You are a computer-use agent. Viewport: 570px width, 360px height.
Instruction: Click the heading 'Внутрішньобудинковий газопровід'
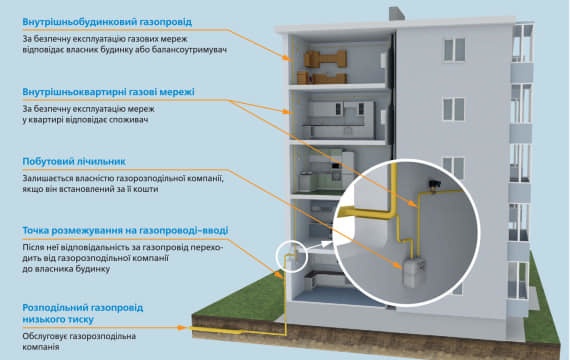pos(107,22)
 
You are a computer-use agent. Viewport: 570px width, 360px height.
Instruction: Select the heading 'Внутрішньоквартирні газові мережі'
pos(108,92)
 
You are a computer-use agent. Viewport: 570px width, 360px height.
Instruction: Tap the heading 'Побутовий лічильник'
pos(74,161)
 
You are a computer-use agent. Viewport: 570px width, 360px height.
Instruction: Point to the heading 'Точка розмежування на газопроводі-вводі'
pos(125,231)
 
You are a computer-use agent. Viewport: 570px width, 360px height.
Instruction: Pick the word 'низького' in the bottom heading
pos(40,320)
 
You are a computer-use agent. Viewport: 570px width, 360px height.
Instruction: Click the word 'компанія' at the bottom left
pos(41,347)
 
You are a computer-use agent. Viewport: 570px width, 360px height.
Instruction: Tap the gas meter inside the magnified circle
pos(412,271)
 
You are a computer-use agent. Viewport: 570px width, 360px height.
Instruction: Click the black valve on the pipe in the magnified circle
pos(434,184)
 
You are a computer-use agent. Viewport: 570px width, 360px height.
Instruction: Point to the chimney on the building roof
pos(397,13)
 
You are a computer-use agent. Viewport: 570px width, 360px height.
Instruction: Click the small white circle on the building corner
pos(292,257)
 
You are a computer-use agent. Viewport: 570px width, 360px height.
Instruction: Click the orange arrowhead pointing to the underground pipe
pos(181,328)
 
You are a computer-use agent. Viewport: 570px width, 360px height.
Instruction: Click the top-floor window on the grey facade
pos(454,50)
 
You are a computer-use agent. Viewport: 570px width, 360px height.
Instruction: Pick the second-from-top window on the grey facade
pos(453,109)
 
